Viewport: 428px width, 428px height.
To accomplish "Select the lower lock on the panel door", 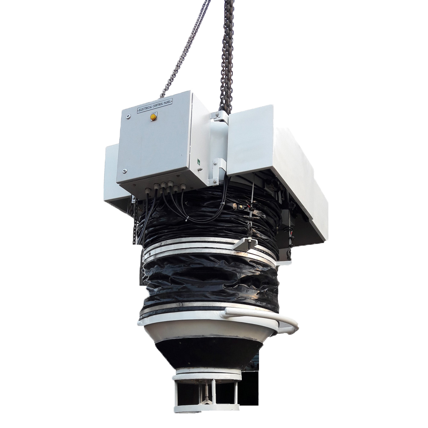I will click(x=124, y=171).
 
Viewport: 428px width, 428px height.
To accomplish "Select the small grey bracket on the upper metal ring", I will click(x=245, y=244).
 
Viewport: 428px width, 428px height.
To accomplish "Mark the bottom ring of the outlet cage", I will click(x=205, y=408).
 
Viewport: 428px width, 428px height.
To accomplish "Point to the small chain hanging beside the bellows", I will click(x=135, y=223).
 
